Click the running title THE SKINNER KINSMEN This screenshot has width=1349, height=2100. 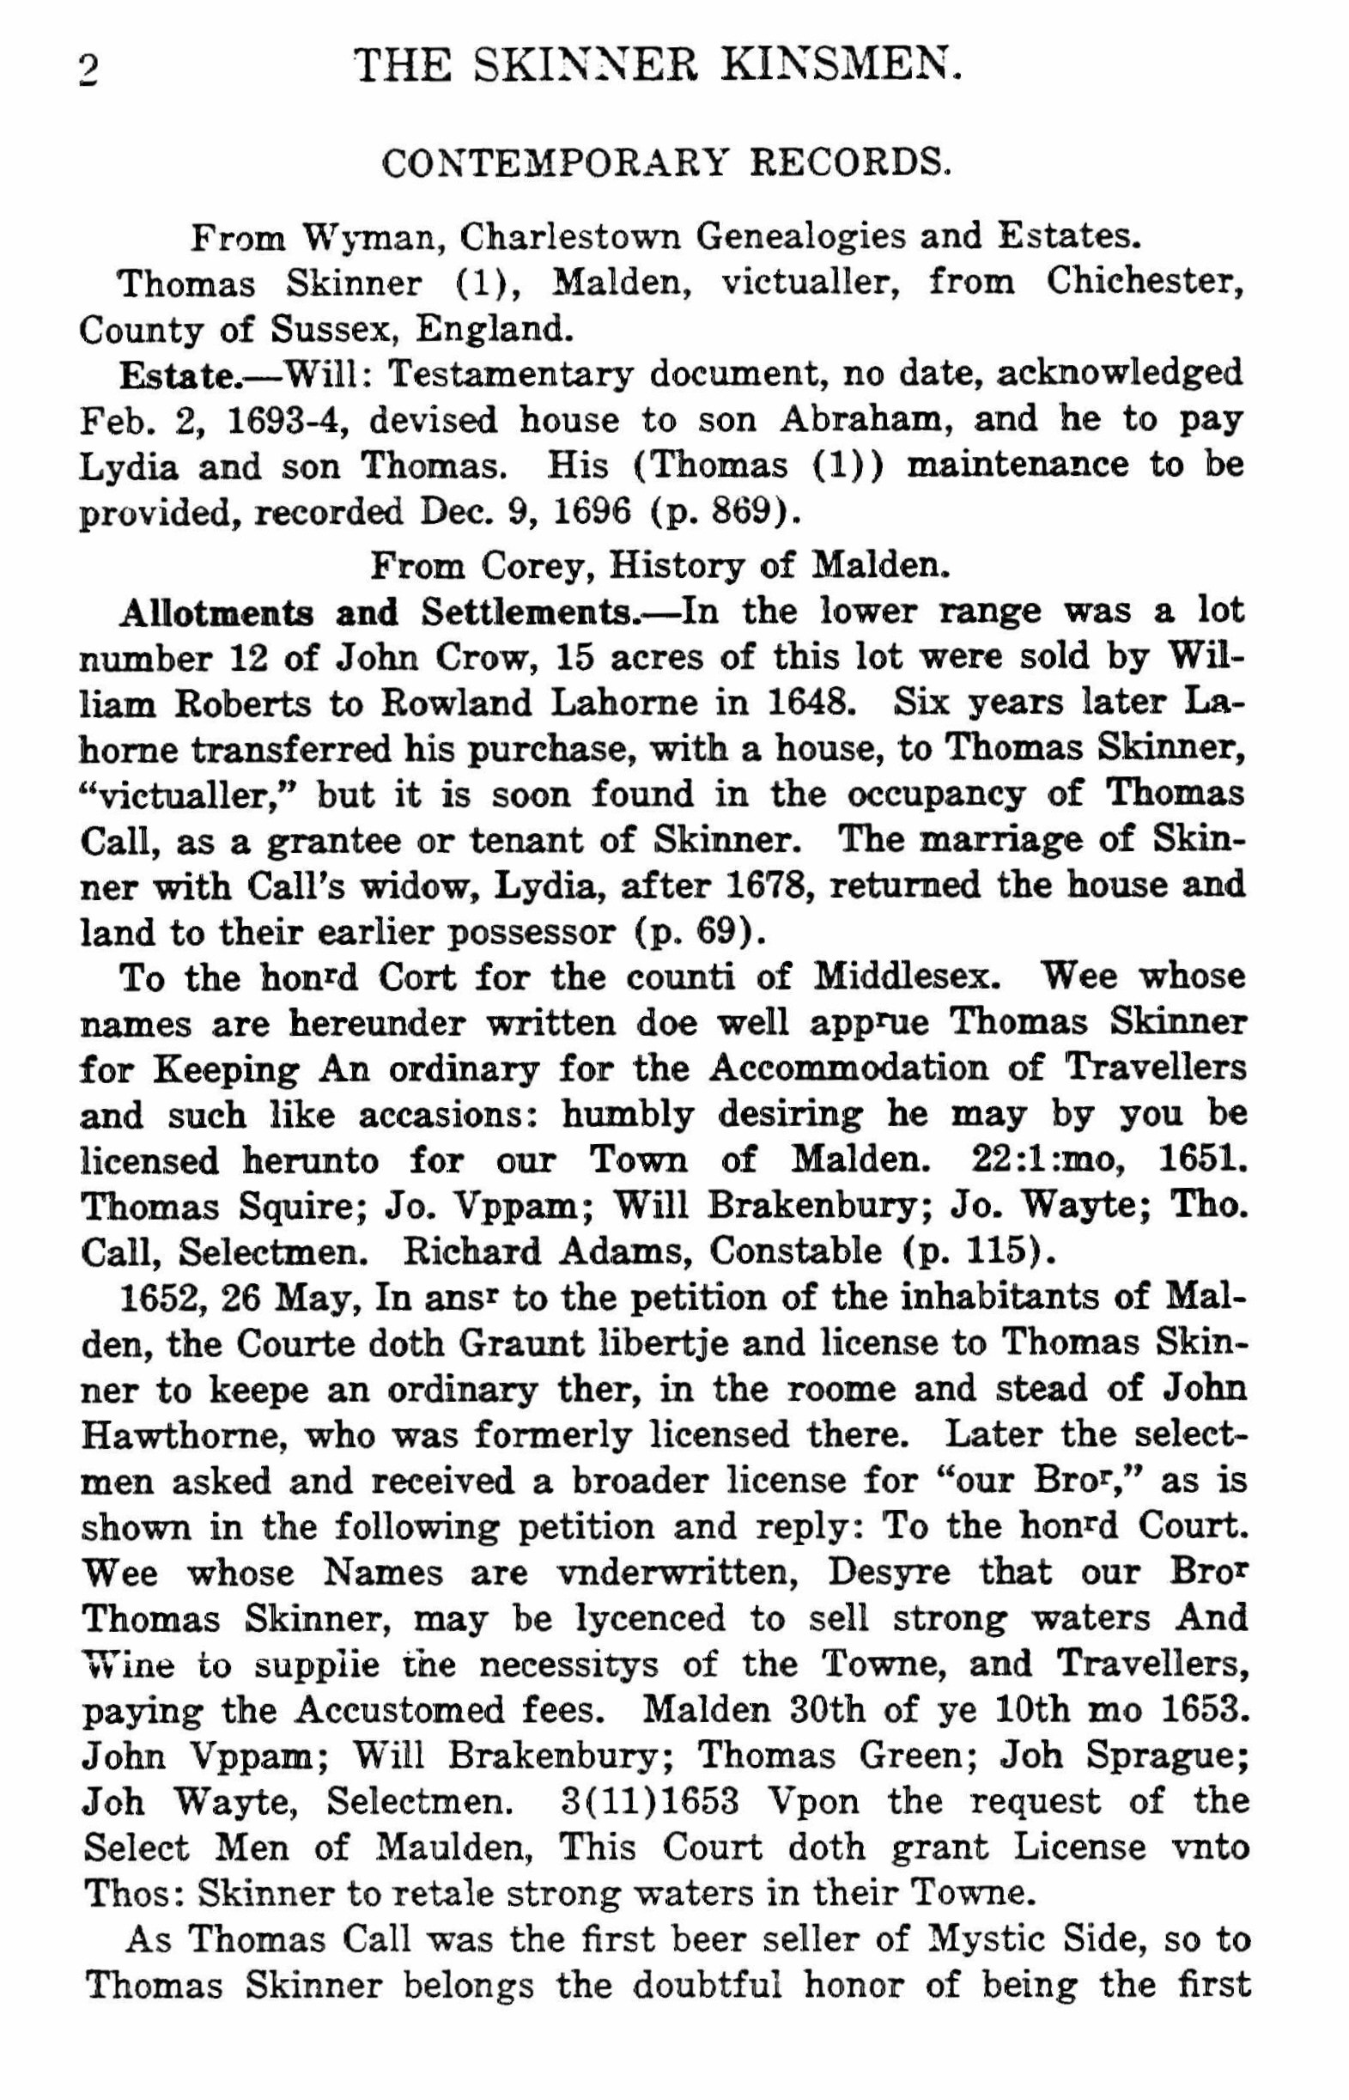click(x=657, y=66)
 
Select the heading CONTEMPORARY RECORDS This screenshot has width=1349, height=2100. click(x=665, y=164)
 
